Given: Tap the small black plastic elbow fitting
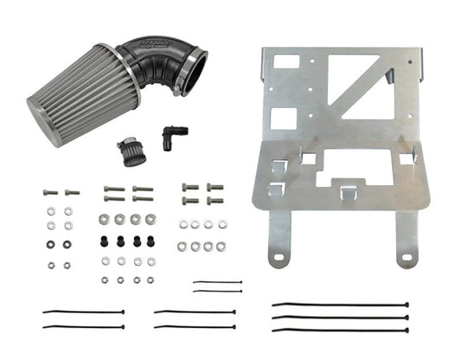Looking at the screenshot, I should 173,137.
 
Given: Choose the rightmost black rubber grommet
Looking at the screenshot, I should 150,241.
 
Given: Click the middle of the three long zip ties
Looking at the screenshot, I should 340,317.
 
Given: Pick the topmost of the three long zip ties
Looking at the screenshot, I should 340,305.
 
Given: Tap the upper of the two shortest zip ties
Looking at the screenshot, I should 217,282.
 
